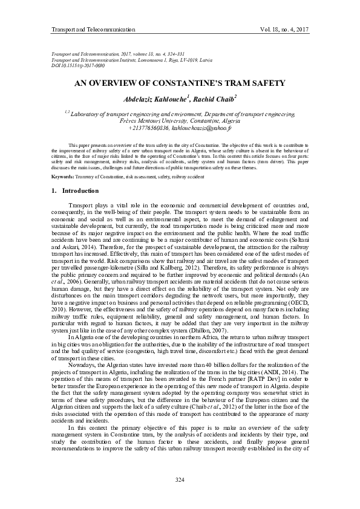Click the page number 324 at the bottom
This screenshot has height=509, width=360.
pos(179,480)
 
